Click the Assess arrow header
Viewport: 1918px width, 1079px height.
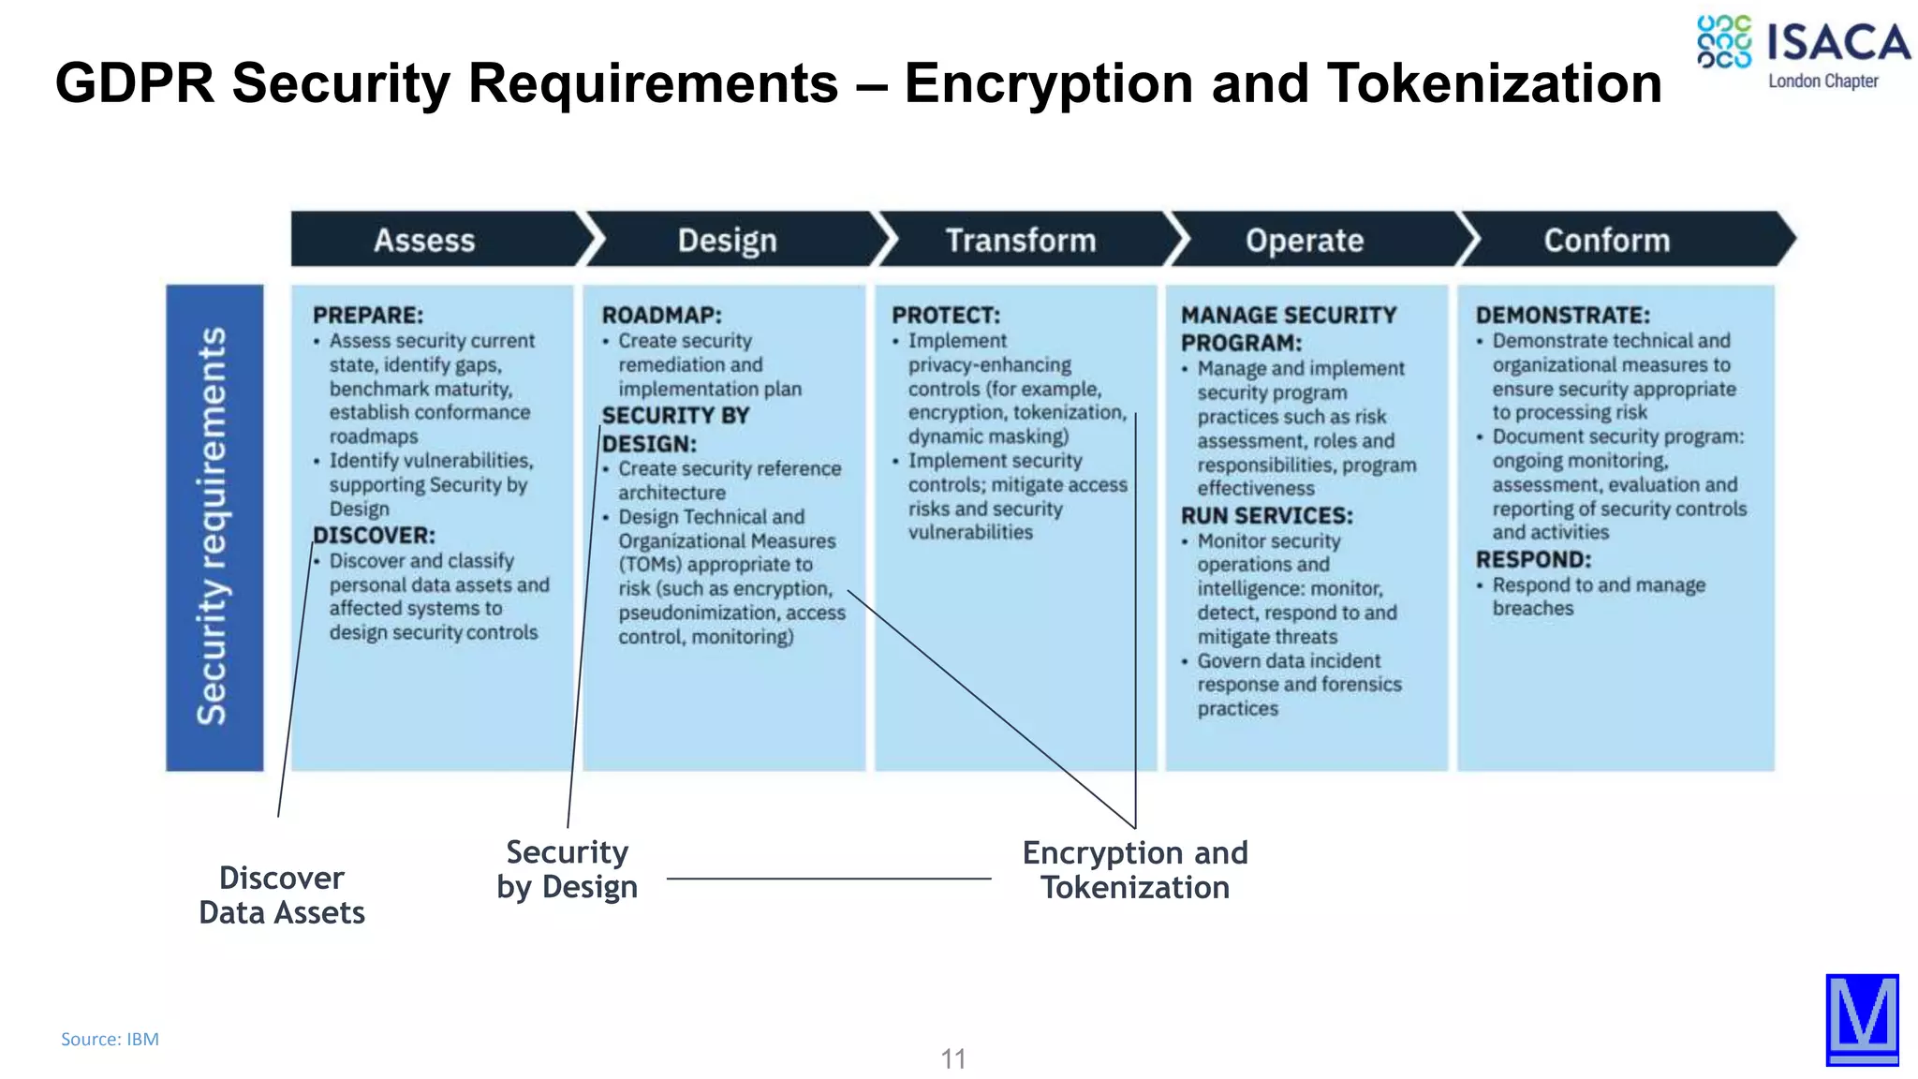coord(424,241)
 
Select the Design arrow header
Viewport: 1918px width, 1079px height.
coord(727,241)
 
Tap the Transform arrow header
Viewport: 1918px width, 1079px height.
coord(1020,241)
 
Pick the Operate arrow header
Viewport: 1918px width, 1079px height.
coord(1304,241)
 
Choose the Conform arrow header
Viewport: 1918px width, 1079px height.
coord(1606,241)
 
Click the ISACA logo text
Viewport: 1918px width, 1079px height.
coord(1837,43)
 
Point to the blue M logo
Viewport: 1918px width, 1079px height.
coord(1862,1019)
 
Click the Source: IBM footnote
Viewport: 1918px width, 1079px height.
coord(110,1039)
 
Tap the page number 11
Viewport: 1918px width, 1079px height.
coord(952,1058)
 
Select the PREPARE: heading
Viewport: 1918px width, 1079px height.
coord(368,316)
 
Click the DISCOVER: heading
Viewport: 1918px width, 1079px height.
coord(374,536)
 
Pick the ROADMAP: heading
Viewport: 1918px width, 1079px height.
coord(661,316)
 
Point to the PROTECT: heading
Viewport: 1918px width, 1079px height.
coord(945,316)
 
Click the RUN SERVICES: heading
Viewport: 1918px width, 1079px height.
coord(1266,516)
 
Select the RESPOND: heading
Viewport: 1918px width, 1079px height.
coord(1533,560)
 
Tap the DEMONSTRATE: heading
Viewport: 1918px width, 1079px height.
coord(1562,316)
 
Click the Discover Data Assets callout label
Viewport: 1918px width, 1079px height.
coord(282,895)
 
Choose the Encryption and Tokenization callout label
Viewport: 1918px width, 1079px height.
coord(1135,870)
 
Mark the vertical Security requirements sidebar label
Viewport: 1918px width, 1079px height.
coord(214,526)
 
